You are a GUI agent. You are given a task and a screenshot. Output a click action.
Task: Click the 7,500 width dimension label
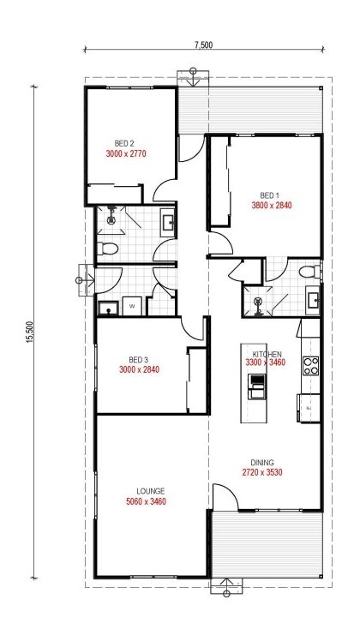[x=203, y=45]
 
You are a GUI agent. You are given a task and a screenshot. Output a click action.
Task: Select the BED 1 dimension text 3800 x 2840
[x=272, y=206]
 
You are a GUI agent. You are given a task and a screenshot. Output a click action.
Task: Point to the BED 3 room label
[x=138, y=360]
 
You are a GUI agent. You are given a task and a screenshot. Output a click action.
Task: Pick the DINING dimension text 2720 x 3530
[x=262, y=472]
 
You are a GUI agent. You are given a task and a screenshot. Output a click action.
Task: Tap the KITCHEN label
[x=267, y=354]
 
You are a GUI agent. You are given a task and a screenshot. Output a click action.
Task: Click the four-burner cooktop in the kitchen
[x=311, y=366]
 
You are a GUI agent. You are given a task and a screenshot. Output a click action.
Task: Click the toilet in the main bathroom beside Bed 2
[x=107, y=249]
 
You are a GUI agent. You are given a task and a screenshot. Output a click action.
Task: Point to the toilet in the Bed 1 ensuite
[x=309, y=273]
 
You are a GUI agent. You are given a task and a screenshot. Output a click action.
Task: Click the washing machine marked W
[x=131, y=306]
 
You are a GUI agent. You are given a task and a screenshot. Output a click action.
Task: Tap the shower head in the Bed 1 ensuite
[x=258, y=302]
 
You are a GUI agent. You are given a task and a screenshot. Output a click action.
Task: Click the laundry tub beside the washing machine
[x=108, y=308]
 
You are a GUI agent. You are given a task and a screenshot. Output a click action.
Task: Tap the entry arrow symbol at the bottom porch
[x=226, y=586]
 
